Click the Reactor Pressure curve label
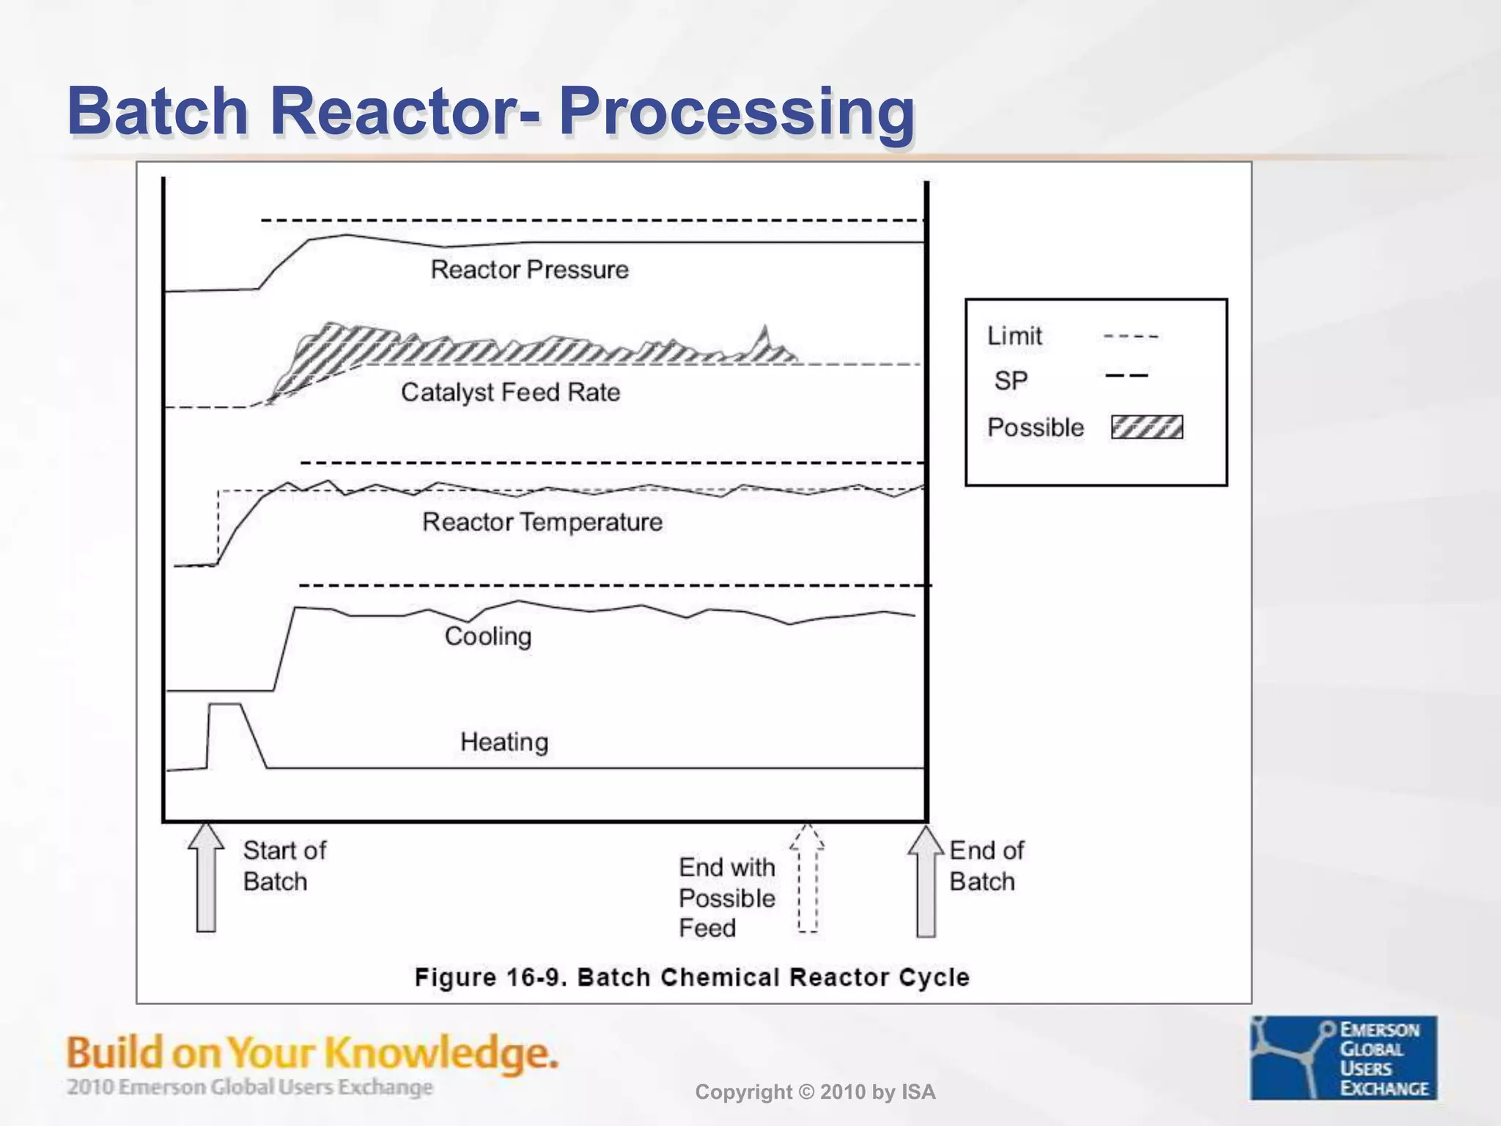[x=529, y=270]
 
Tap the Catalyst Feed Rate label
[x=510, y=392]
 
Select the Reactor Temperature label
[x=542, y=522]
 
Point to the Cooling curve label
[x=488, y=636]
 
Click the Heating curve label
[x=504, y=742]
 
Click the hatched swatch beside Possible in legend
[x=1146, y=427]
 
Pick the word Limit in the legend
[x=1014, y=336]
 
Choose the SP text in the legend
[x=1011, y=380]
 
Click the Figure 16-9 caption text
[x=692, y=977]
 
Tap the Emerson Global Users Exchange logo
[x=1343, y=1057]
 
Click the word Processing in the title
[x=737, y=111]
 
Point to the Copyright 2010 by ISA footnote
[x=815, y=1092]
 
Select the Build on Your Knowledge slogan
[x=312, y=1053]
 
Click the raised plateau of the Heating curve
[x=225, y=704]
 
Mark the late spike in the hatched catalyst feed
[x=765, y=336]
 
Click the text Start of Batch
[x=284, y=866]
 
